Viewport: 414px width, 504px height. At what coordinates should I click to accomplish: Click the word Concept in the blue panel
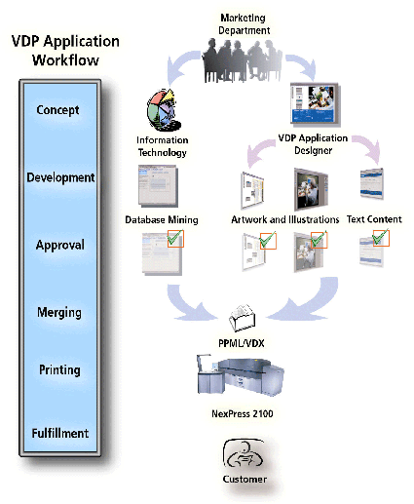point(57,110)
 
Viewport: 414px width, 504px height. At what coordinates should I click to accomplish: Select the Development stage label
point(60,177)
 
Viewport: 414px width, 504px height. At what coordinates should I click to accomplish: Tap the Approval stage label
point(60,245)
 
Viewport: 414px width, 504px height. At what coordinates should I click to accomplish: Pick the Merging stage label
point(59,312)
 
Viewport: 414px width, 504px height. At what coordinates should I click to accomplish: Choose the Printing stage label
point(59,369)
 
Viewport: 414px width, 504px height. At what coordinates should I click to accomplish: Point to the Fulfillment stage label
point(60,433)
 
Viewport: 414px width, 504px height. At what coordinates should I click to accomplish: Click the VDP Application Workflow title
point(65,51)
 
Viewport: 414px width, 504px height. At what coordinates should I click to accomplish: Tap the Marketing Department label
point(244,24)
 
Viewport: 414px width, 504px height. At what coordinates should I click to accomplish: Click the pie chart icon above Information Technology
point(164,110)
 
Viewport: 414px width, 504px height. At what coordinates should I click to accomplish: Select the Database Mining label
point(162,220)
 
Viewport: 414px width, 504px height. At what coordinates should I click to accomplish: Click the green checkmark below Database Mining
point(175,238)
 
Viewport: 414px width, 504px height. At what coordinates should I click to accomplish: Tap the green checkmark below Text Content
point(381,238)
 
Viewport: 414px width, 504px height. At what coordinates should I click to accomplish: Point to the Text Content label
point(374,219)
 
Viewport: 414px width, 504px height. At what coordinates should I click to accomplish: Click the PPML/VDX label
point(242,343)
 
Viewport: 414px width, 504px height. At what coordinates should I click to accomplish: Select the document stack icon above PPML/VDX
point(243,318)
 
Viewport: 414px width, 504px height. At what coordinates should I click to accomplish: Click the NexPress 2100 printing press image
point(241,375)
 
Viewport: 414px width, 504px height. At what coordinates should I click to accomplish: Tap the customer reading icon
point(244,454)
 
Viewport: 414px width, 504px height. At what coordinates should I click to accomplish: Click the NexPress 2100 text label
point(243,413)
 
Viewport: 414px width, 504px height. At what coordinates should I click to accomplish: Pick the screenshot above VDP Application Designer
point(316,104)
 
